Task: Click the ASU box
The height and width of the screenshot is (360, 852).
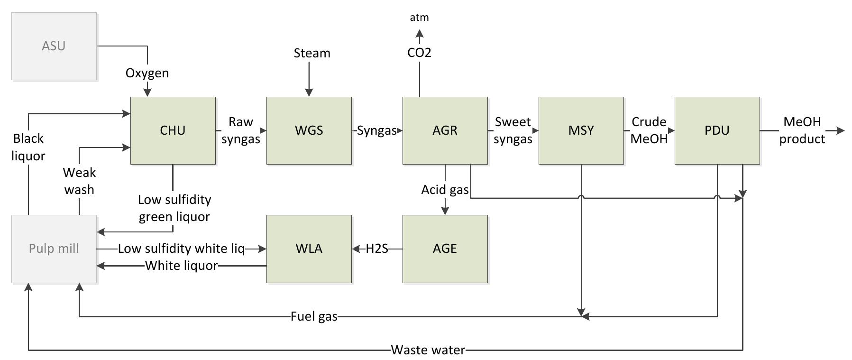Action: coord(54,46)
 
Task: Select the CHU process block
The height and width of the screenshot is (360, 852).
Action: coord(173,130)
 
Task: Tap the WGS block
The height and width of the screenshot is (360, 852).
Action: coord(309,130)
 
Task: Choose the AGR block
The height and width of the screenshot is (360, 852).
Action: coord(445,130)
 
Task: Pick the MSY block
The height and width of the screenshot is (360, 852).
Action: coord(581,130)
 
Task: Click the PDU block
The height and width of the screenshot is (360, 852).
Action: coord(717,130)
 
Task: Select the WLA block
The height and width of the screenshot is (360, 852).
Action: coord(309,249)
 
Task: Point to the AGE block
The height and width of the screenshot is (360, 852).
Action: coord(445,249)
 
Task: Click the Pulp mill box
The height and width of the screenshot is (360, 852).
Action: coord(54,249)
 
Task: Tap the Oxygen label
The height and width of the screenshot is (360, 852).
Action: coord(147,73)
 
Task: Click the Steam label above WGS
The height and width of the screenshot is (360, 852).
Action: coord(311,53)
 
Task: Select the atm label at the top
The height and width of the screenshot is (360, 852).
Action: coord(419,18)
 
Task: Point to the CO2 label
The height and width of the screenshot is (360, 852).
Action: coord(419,53)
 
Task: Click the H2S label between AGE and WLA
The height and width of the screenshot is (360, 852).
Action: coord(377,249)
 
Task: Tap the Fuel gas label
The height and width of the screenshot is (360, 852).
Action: coord(314,316)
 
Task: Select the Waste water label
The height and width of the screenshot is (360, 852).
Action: coord(428,351)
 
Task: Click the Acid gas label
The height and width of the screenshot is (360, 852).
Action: coord(445,190)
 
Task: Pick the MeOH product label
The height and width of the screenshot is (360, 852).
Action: coord(802,130)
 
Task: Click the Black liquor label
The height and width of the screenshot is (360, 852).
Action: coord(28,147)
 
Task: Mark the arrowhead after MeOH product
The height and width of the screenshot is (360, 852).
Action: coord(841,130)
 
